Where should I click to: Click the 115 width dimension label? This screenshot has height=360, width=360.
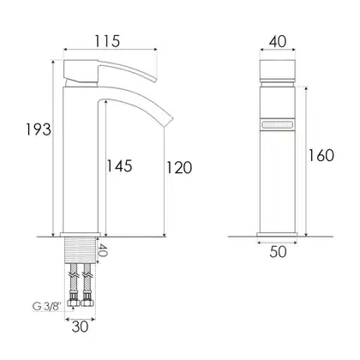(x=107, y=41)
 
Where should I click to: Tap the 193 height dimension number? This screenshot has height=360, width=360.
(x=39, y=129)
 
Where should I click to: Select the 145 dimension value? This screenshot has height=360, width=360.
(x=119, y=166)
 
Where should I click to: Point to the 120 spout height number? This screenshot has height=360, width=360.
(x=179, y=168)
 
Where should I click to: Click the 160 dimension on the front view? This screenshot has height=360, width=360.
(x=321, y=156)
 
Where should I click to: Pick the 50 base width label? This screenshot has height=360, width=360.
(x=278, y=252)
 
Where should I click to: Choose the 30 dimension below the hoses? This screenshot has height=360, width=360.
(x=80, y=327)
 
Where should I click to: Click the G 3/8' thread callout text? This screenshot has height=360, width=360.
(x=47, y=307)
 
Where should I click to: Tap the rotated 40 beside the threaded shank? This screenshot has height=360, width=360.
(x=103, y=250)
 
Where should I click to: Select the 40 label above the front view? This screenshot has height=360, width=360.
(x=278, y=42)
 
